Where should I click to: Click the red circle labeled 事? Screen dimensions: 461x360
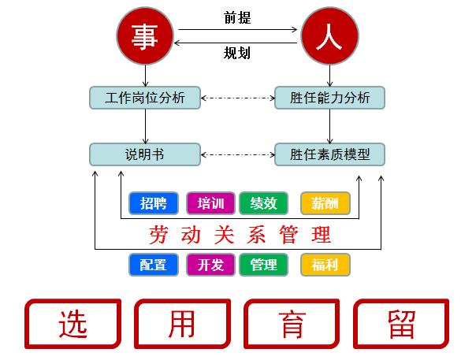(145, 36)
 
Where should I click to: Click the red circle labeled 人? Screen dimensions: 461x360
(330, 36)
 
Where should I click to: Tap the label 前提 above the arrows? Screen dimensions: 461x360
(237, 17)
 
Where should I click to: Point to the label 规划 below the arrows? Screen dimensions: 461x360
(237, 53)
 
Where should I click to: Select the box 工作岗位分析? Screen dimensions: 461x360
(145, 98)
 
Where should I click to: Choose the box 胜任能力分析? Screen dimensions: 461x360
(329, 98)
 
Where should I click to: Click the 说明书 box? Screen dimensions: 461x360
(145, 154)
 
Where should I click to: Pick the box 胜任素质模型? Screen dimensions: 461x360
(329, 154)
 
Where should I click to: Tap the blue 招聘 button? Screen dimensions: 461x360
(154, 203)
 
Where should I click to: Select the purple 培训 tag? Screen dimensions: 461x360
(210, 203)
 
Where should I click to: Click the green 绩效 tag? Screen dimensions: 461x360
(263, 203)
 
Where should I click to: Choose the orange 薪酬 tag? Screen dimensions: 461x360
(325, 203)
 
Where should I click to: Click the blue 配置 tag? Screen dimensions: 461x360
(154, 265)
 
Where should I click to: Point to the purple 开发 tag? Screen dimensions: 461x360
(210, 265)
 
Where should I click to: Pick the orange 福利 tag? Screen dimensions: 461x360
(325, 265)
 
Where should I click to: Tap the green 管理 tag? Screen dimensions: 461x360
(263, 265)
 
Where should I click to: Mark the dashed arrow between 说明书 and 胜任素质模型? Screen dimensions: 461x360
(237, 154)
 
